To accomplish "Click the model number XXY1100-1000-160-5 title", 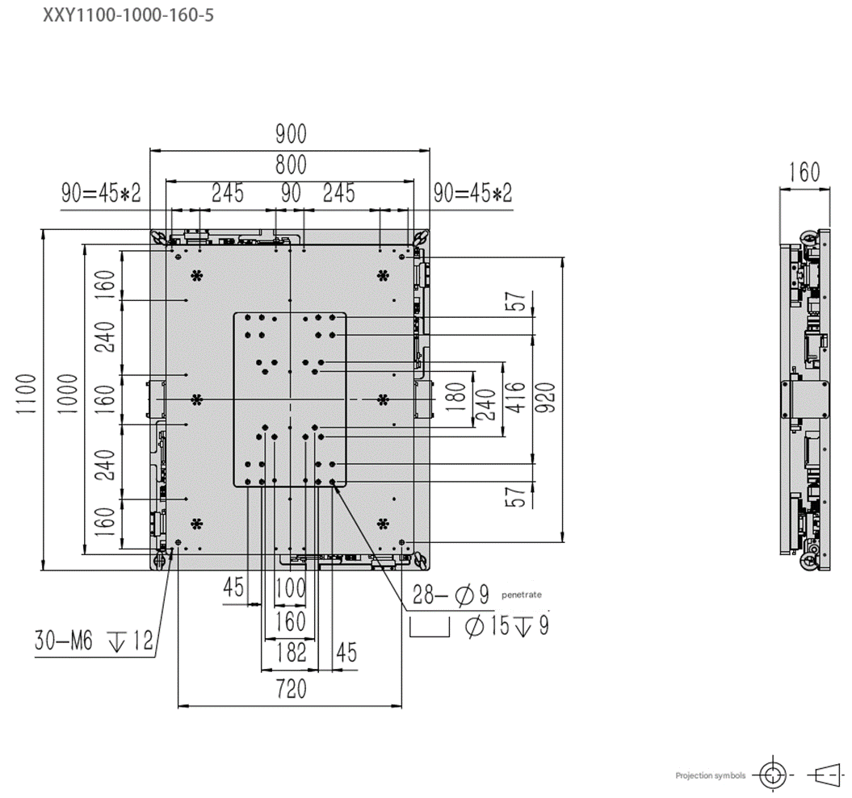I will pyautogui.click(x=128, y=15).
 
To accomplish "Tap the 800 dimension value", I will pyautogui.click(x=291, y=165).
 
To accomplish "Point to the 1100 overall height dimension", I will pyautogui.click(x=25, y=394).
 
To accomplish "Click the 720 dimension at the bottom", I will pyautogui.click(x=291, y=689).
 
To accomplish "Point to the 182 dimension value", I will pyautogui.click(x=291, y=652).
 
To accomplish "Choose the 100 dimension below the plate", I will pyautogui.click(x=291, y=588).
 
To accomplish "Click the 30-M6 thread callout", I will pyautogui.click(x=94, y=642).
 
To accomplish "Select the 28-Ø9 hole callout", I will pyautogui.click(x=451, y=596).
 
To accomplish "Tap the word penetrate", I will pyautogui.click(x=522, y=595).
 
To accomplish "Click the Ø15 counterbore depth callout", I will pyautogui.click(x=506, y=625).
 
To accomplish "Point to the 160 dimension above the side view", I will pyautogui.click(x=804, y=173).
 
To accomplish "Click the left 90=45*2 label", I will pyautogui.click(x=101, y=194).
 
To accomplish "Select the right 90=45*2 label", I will pyautogui.click(x=472, y=194).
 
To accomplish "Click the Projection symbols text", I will pyautogui.click(x=711, y=775).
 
